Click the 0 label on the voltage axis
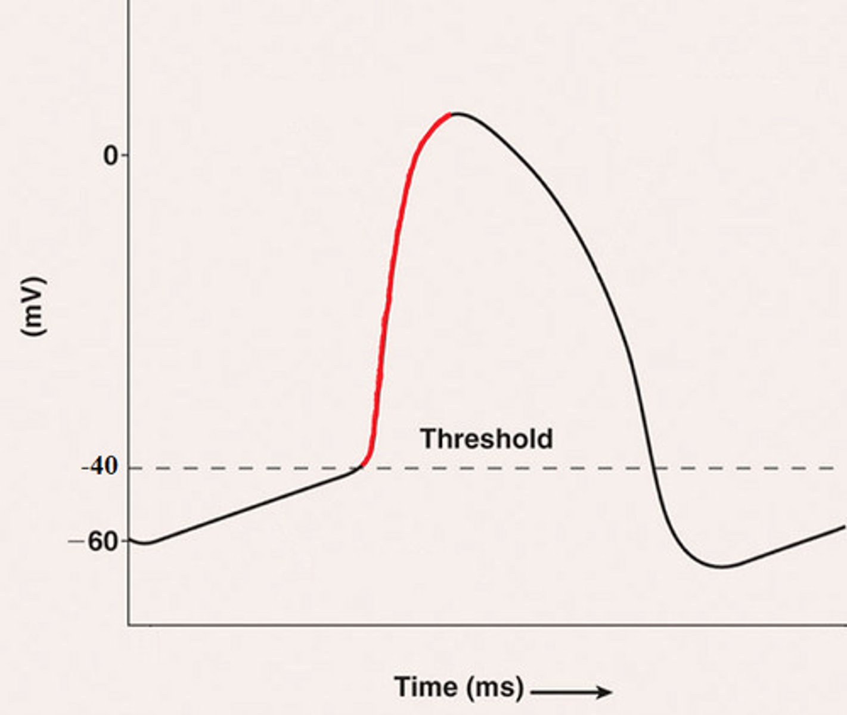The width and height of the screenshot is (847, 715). pyautogui.click(x=111, y=156)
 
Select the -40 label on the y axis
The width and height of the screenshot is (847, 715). pyautogui.click(x=100, y=467)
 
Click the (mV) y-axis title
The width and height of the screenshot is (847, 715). pyautogui.click(x=33, y=306)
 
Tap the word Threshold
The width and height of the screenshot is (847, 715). pyautogui.click(x=486, y=439)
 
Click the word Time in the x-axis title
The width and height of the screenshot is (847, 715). pyautogui.click(x=424, y=687)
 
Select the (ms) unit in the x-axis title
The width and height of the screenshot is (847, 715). pyautogui.click(x=494, y=688)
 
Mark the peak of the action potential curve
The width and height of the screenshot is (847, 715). pyautogui.click(x=457, y=113)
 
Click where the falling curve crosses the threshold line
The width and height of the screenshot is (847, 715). pyautogui.click(x=653, y=468)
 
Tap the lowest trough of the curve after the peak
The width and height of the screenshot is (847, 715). pyautogui.click(x=721, y=566)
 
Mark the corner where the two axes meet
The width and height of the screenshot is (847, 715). pyautogui.click(x=128, y=625)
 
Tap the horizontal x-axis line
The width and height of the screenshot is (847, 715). pyautogui.click(x=477, y=625)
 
